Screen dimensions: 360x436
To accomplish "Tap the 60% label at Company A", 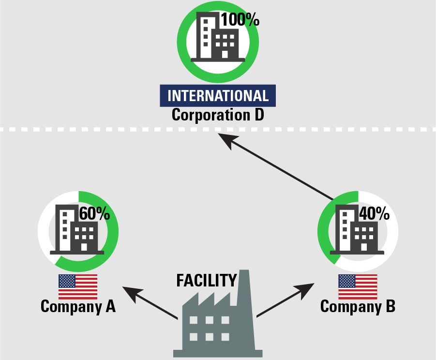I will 95,213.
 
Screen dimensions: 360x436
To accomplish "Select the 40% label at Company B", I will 374,213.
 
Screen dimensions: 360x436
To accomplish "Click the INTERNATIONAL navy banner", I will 218,95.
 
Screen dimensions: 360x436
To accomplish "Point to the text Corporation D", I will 218,115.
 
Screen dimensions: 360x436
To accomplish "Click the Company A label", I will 78,306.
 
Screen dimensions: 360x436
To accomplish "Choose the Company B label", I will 358,306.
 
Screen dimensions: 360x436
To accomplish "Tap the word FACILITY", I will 206,281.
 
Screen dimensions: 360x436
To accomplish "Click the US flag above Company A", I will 78,286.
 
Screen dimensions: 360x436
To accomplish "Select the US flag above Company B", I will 358,286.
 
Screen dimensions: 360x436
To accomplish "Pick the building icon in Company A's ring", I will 77,230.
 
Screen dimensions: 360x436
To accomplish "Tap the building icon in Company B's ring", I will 357,230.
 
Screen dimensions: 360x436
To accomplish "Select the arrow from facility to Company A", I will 150,303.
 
